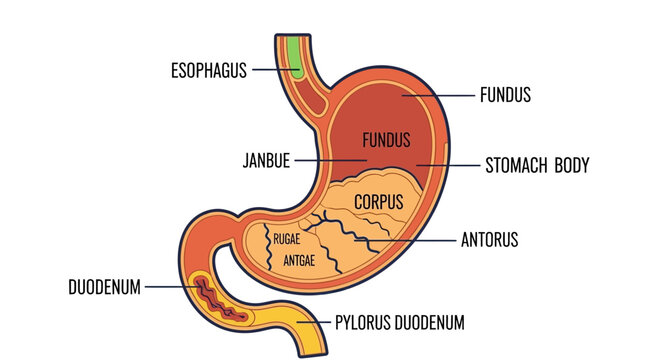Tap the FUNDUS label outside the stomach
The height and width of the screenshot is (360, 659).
tap(505, 96)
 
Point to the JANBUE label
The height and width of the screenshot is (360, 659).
tap(266, 160)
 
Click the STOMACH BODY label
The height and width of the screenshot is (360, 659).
tap(537, 165)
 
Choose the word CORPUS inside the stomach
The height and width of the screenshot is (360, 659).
tap(379, 202)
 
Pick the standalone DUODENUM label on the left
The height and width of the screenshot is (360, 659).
tap(104, 288)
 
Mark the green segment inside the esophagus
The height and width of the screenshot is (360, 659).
tap(293, 56)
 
